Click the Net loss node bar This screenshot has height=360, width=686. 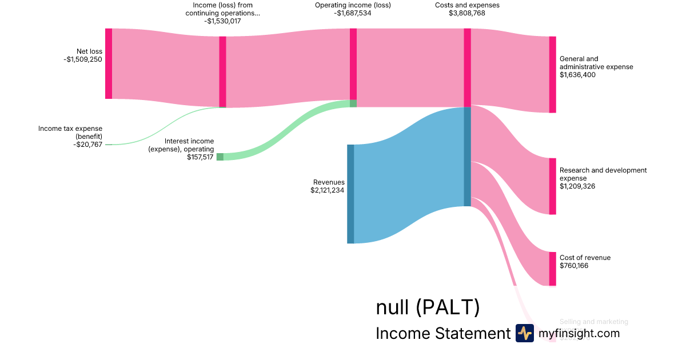pyautogui.click(x=109, y=63)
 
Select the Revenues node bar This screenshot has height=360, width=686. pyautogui.click(x=350, y=194)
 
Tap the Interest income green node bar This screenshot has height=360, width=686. pyautogui.click(x=220, y=157)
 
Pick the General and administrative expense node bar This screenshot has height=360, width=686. pyautogui.click(x=552, y=74)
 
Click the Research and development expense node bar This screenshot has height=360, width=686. pyautogui.click(x=552, y=186)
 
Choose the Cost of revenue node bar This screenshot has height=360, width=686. pyautogui.click(x=552, y=269)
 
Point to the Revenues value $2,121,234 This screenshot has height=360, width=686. pyautogui.click(x=327, y=190)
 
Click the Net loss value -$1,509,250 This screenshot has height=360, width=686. pyautogui.click(x=83, y=59)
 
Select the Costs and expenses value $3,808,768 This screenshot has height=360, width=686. pyautogui.click(x=467, y=13)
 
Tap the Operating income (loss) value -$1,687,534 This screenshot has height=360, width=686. pyautogui.click(x=353, y=13)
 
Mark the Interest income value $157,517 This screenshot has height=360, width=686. pyautogui.click(x=200, y=157)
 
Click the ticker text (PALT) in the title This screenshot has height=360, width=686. pyautogui.click(x=448, y=308)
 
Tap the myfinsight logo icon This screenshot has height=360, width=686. pyautogui.click(x=525, y=333)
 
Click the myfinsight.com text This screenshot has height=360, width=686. pyautogui.click(x=579, y=333)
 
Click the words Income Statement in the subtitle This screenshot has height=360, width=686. pyautogui.click(x=443, y=334)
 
